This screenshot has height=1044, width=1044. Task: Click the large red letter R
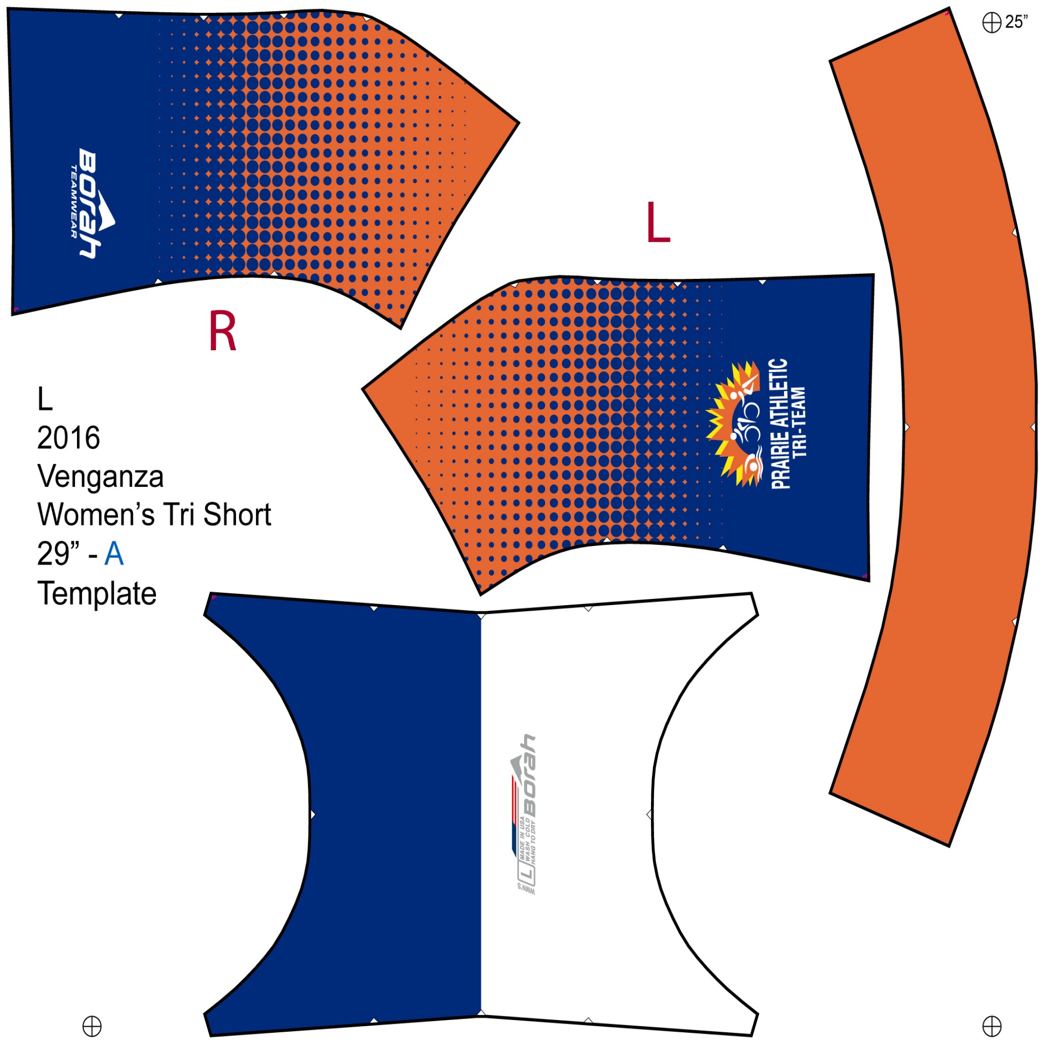pos(222,331)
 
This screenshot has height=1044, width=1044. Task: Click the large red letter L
pos(658,222)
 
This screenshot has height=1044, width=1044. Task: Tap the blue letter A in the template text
pos(114,554)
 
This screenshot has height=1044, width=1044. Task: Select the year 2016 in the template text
pos(69,438)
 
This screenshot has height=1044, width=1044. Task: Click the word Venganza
pos(100,477)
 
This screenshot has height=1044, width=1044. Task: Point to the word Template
pos(97,593)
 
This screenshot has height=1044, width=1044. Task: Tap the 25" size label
pos(1016,22)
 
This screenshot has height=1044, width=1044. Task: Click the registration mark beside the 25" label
pos(991,23)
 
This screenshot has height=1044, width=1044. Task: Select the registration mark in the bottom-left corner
pos(92,1025)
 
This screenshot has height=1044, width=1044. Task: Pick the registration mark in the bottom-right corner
pos(991,1025)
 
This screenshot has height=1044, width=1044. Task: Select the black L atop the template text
pos(45,400)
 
